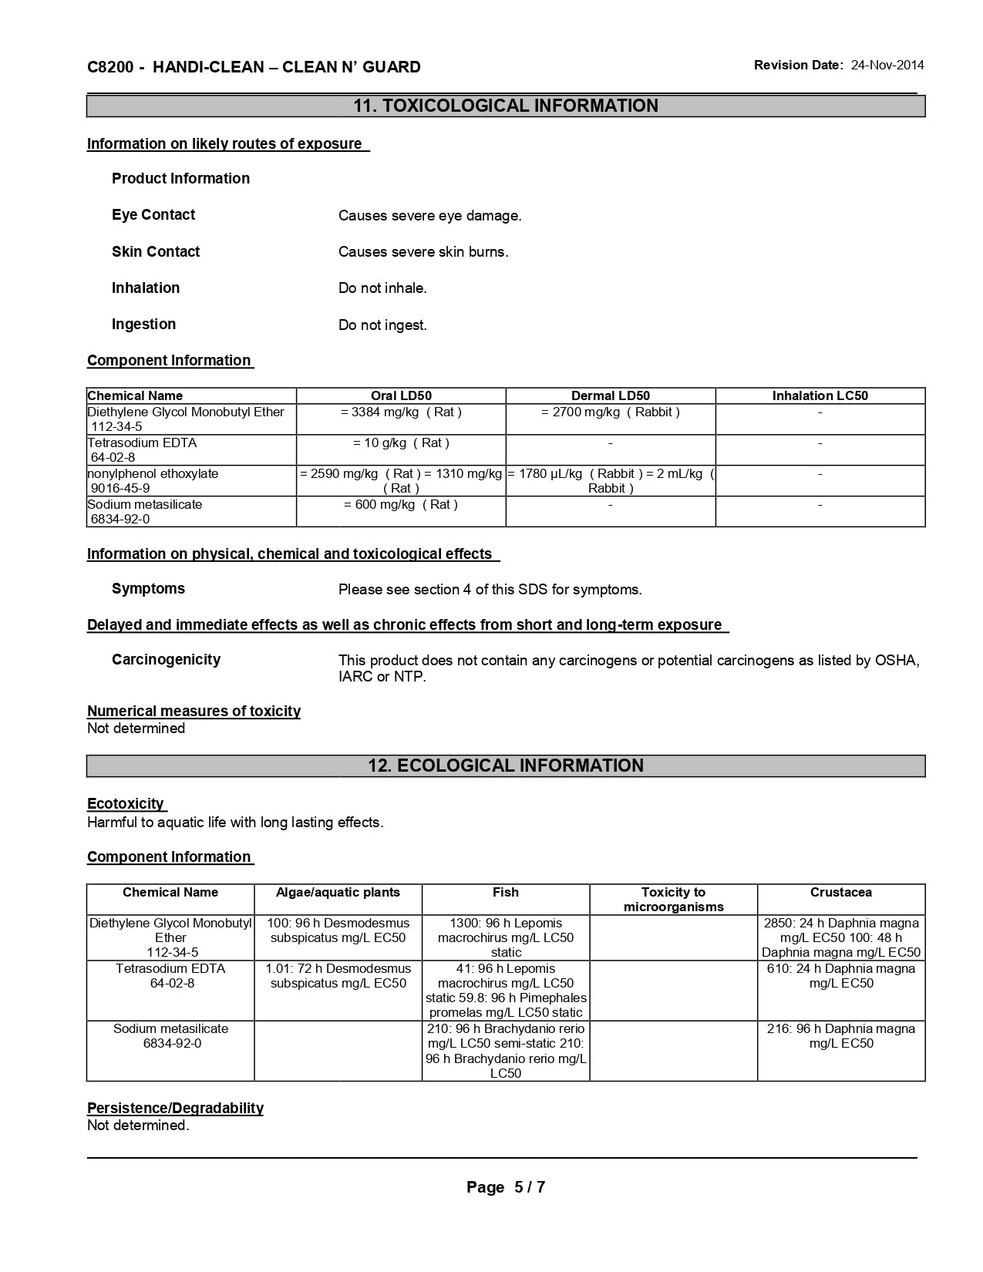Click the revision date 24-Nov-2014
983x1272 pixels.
(x=887, y=66)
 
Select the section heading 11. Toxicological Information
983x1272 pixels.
(x=506, y=106)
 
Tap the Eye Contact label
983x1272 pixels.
(x=153, y=215)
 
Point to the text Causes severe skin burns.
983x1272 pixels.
(x=423, y=252)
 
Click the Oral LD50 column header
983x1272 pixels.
(x=401, y=395)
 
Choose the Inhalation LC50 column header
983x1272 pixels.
(x=820, y=395)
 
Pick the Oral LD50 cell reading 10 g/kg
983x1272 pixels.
(x=401, y=443)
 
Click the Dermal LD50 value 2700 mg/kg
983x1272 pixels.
(x=611, y=412)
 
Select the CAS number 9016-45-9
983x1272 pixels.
(x=120, y=488)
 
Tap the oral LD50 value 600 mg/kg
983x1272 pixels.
(x=401, y=504)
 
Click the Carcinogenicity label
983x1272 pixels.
(x=166, y=659)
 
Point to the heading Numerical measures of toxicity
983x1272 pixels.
(x=194, y=711)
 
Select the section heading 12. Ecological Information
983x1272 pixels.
(x=506, y=766)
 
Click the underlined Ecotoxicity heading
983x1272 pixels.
(x=126, y=803)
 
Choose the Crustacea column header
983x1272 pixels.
(x=840, y=892)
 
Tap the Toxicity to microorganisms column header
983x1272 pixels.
(x=673, y=899)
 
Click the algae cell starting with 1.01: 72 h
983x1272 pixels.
(x=338, y=975)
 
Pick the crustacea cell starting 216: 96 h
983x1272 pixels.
(x=840, y=1035)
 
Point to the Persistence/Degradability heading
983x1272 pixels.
(x=175, y=1108)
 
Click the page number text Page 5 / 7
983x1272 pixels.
(x=506, y=1187)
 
